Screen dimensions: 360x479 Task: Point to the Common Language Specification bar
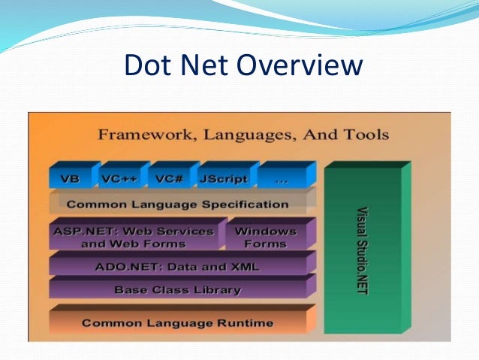pyautogui.click(x=177, y=204)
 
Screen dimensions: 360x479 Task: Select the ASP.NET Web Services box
pyautogui.click(x=134, y=237)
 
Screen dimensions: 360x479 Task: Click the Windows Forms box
pyautogui.click(x=265, y=237)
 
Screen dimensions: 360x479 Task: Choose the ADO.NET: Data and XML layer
pyautogui.click(x=177, y=265)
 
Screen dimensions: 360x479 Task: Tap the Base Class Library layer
pyautogui.click(x=177, y=289)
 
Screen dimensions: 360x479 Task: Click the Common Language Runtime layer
pyautogui.click(x=177, y=323)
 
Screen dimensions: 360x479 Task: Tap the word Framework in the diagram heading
pyautogui.click(x=140, y=135)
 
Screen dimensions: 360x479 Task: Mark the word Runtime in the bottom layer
pyautogui.click(x=242, y=323)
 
